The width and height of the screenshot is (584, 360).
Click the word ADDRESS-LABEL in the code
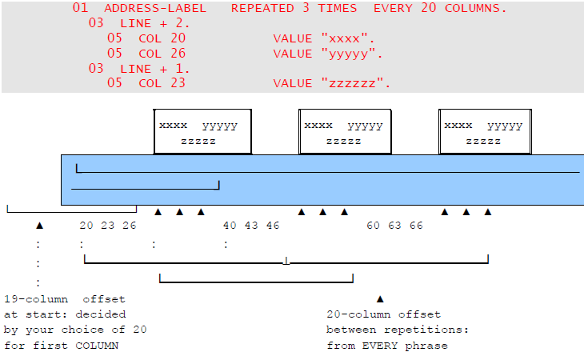[154, 9]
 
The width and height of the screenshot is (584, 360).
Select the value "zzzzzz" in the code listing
[355, 83]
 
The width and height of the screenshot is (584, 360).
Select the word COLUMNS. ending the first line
[474, 9]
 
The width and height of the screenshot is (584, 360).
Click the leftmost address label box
[202, 132]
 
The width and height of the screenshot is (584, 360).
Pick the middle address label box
[345, 132]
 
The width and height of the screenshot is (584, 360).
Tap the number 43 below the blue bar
[251, 226]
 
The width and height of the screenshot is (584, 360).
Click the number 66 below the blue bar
[417, 226]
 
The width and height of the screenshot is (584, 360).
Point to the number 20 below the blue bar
[86, 226]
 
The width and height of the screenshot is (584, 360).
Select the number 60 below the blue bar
[374, 226]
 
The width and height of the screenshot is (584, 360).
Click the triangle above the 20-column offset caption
[380, 298]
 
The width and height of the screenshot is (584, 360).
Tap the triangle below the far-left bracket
[39, 227]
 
